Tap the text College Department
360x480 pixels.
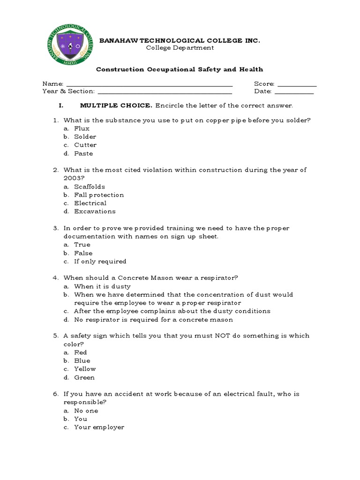click(x=180, y=48)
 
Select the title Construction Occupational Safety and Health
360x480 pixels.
click(x=180, y=69)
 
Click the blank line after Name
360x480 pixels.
click(x=150, y=84)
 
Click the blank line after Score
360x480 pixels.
click(x=297, y=84)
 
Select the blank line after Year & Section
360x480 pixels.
click(x=165, y=91)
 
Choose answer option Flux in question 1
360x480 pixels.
click(x=82, y=128)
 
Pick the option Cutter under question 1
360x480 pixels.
click(x=85, y=145)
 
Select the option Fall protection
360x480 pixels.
click(x=99, y=195)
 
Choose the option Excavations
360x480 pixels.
click(x=95, y=211)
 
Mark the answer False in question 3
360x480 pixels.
click(x=83, y=253)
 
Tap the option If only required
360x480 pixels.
click(x=100, y=262)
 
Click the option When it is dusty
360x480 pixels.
click(x=102, y=286)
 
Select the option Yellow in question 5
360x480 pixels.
click(x=85, y=369)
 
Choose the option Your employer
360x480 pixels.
click(x=99, y=427)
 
